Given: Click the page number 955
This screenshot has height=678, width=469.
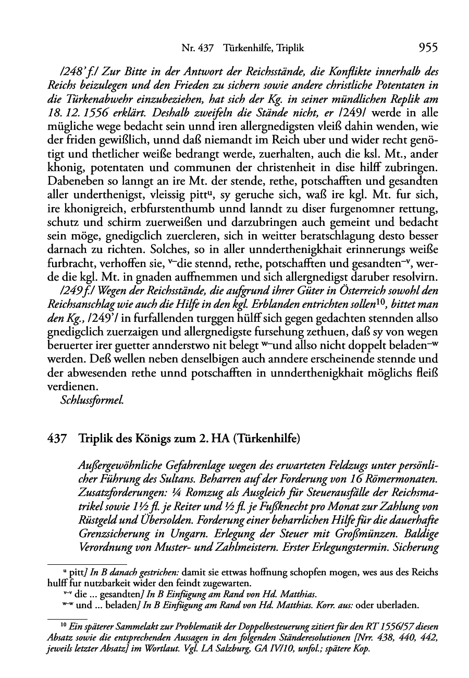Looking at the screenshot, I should pyautogui.click(x=427, y=48).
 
